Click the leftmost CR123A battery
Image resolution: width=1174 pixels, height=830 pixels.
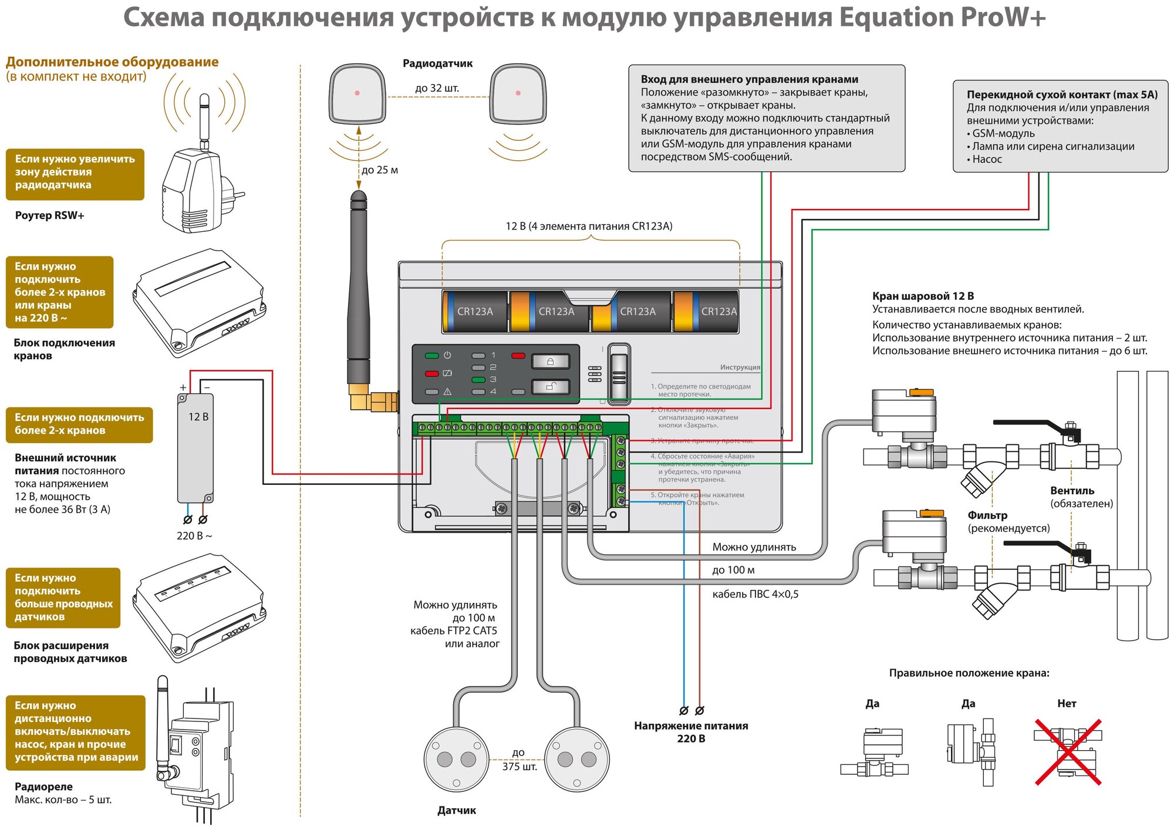click(x=475, y=312)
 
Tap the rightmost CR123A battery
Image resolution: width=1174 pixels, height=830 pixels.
click(x=707, y=312)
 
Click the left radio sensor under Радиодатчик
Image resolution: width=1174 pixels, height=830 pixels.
click(x=357, y=94)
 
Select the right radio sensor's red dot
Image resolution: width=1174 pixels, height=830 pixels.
click(x=518, y=93)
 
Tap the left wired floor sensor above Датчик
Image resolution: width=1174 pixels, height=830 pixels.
click(x=456, y=759)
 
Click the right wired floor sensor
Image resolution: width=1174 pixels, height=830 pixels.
click(x=577, y=759)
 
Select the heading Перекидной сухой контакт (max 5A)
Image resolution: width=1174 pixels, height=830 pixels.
click(x=1062, y=95)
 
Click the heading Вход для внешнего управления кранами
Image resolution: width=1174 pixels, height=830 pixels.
click(x=749, y=79)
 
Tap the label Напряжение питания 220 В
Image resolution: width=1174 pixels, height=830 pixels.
click(x=691, y=732)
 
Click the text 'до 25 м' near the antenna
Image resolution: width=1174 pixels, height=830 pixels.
click(x=380, y=170)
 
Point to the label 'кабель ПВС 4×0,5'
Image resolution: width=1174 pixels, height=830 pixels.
click(x=755, y=594)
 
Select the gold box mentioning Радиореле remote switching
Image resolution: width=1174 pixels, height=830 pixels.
click(x=76, y=731)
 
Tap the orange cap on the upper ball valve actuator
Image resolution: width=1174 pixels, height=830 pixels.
click(x=920, y=392)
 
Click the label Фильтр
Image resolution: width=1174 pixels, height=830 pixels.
click(x=987, y=515)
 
